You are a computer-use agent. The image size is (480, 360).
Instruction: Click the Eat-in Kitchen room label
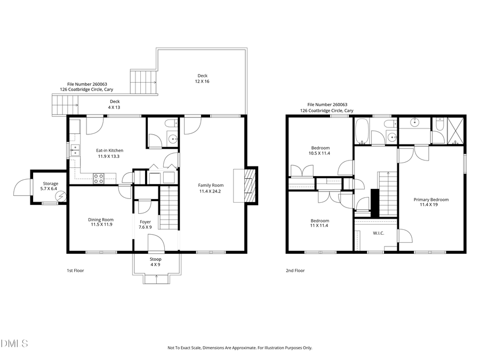pos(109,150)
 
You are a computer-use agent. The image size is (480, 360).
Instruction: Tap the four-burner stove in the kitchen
pos(99,178)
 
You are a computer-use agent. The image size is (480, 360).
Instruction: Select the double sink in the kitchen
pos(75,150)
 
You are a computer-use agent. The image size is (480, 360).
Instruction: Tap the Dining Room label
pos(100,219)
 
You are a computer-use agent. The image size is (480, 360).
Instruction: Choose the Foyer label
pos(145,221)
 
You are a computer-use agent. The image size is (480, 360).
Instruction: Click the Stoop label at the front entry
pos(155,259)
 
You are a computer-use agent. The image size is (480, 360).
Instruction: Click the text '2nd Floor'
pos(295,270)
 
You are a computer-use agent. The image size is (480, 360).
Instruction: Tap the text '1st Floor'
pos(75,270)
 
